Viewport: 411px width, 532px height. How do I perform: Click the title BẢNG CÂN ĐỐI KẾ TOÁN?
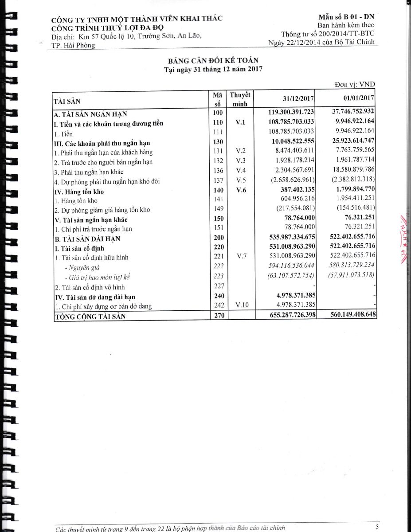point(213,61)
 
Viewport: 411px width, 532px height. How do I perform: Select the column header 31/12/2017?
point(298,98)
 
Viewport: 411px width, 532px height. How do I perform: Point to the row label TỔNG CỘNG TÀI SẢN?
point(89,317)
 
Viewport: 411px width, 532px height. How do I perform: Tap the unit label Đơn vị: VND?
point(356,85)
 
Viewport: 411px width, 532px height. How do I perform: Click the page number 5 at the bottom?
point(377,527)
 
